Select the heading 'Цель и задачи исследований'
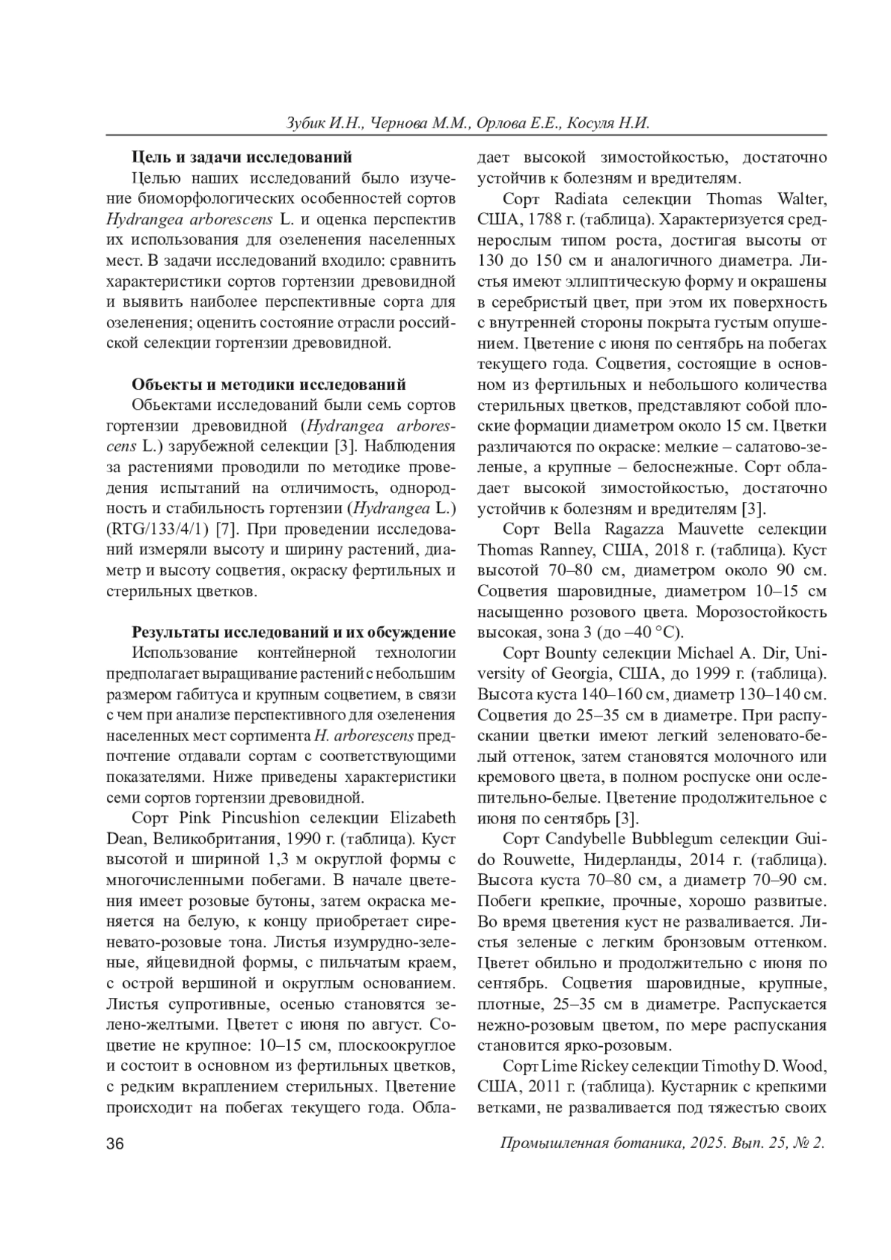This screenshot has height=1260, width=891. coord(241,157)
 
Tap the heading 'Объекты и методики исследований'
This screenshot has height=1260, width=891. coord(269,385)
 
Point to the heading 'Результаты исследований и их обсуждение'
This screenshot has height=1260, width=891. coord(293,633)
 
